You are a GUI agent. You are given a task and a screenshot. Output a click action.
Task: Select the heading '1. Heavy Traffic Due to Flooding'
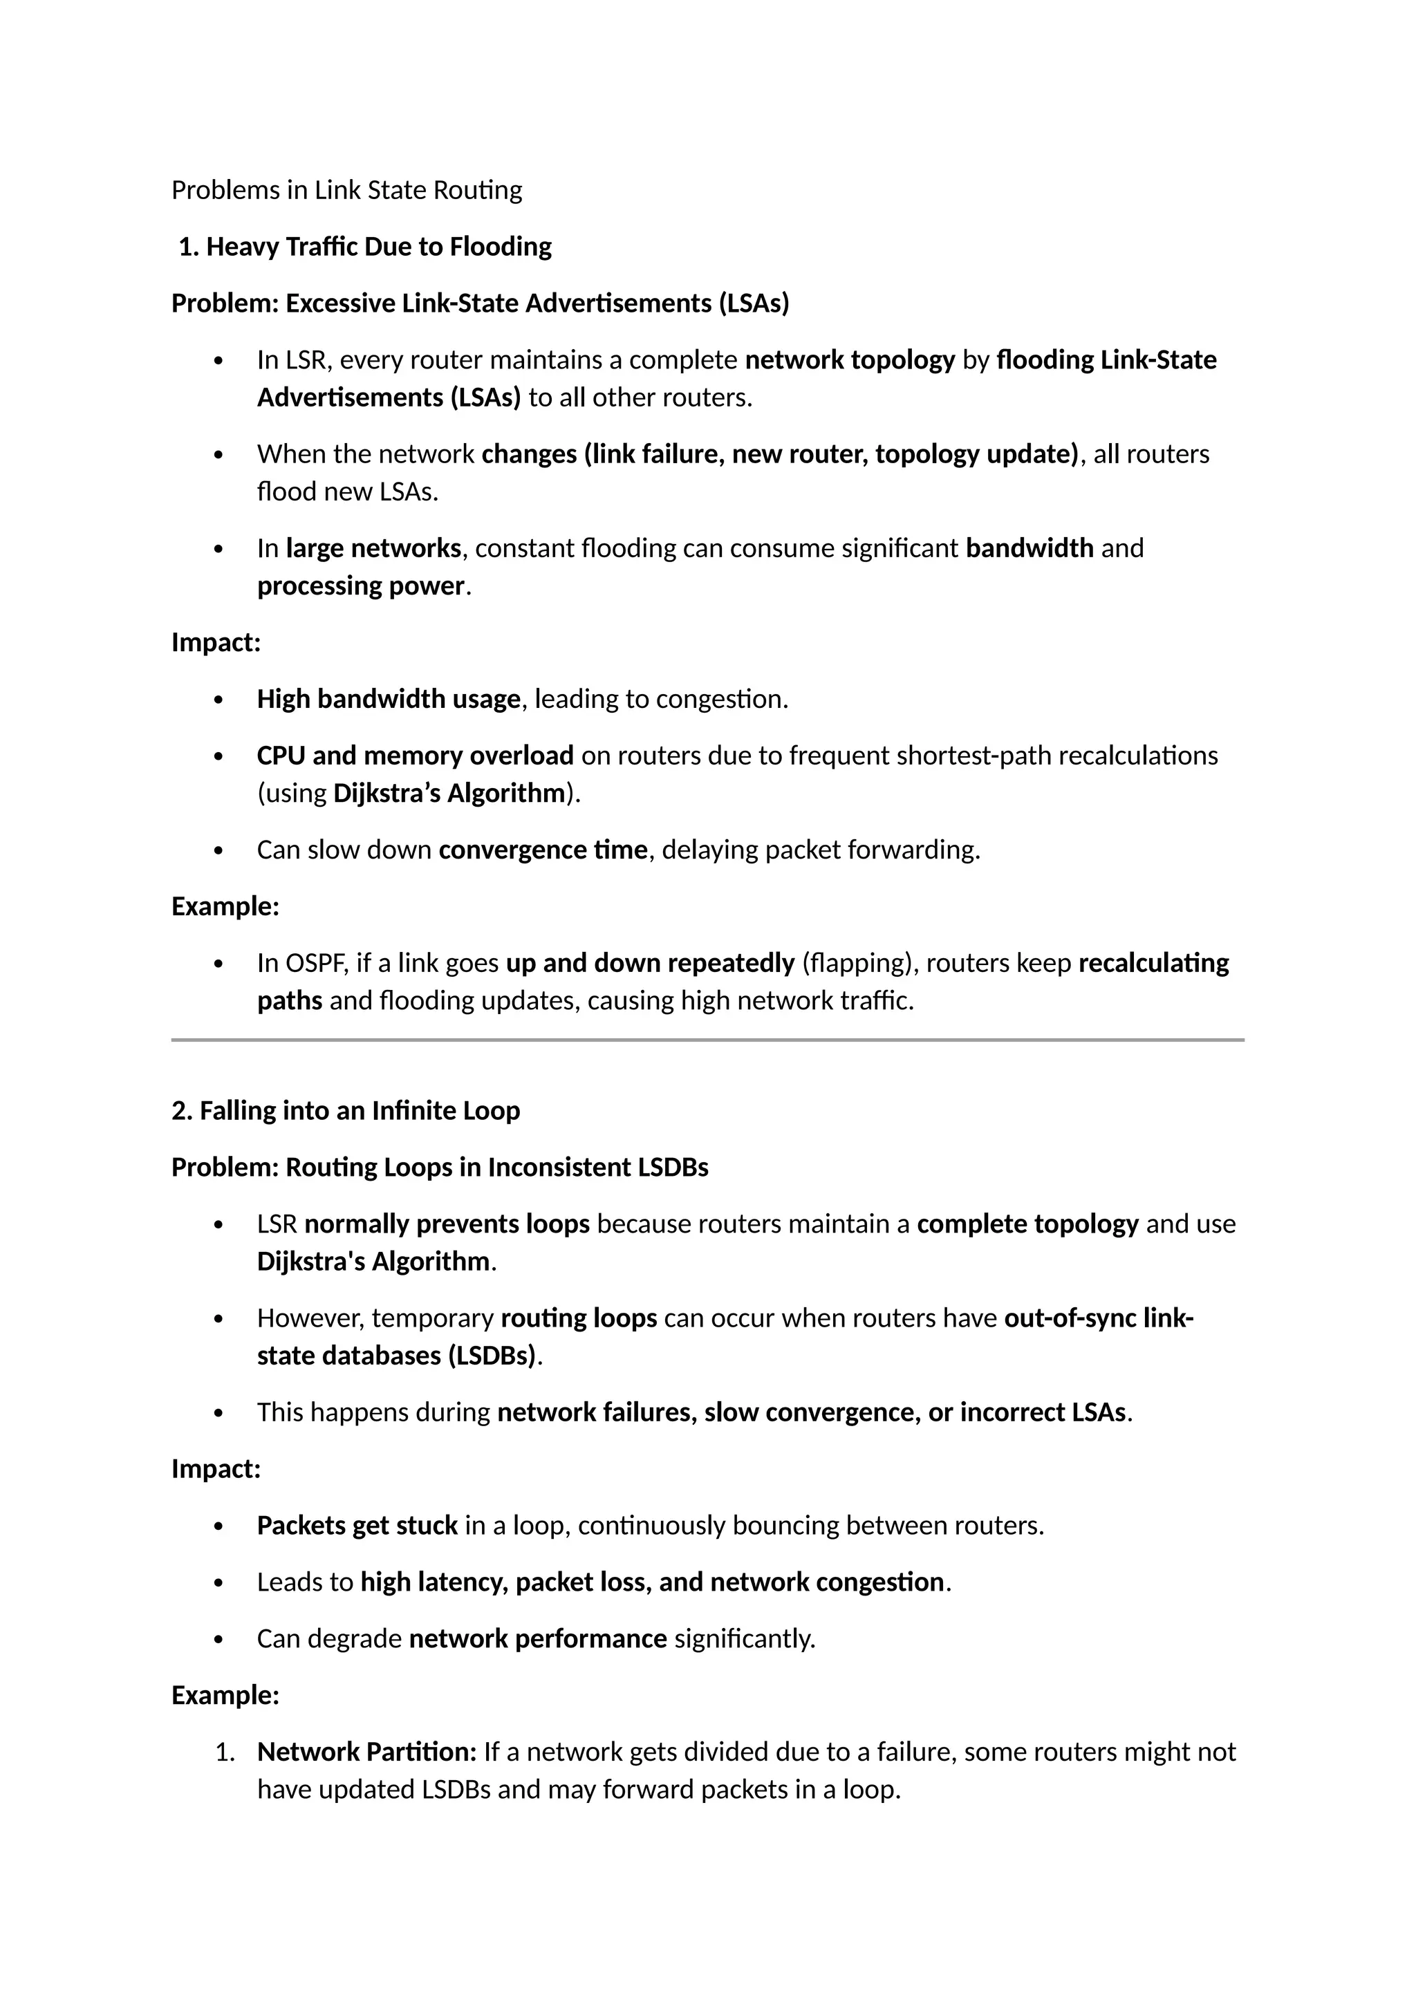pyautogui.click(x=364, y=247)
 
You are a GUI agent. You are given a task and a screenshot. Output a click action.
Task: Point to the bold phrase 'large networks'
pyautogui.click(x=373, y=548)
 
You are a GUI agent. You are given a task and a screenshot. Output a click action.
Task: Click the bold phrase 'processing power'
pyautogui.click(x=361, y=586)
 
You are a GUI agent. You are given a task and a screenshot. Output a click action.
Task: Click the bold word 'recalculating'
pyautogui.click(x=1153, y=964)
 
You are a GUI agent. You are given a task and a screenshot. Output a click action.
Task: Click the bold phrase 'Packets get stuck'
pyautogui.click(x=357, y=1526)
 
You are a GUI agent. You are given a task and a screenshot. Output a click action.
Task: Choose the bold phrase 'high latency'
pyautogui.click(x=434, y=1582)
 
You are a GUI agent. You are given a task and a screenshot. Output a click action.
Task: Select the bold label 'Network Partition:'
pyautogui.click(x=366, y=1752)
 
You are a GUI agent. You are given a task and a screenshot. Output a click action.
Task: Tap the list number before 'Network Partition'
pyautogui.click(x=224, y=1752)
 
